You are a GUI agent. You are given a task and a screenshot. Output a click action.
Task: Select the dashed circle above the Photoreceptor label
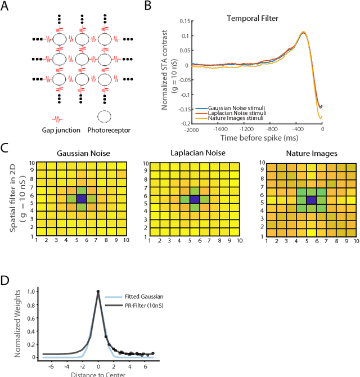click(x=105, y=117)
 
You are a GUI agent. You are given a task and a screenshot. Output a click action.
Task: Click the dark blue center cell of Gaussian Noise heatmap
click(x=82, y=199)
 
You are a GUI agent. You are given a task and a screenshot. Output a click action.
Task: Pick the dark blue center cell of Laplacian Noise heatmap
click(x=195, y=199)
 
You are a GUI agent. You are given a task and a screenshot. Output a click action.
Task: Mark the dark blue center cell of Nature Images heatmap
click(x=310, y=199)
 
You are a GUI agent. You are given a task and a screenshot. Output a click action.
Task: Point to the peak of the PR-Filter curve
click(x=98, y=291)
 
